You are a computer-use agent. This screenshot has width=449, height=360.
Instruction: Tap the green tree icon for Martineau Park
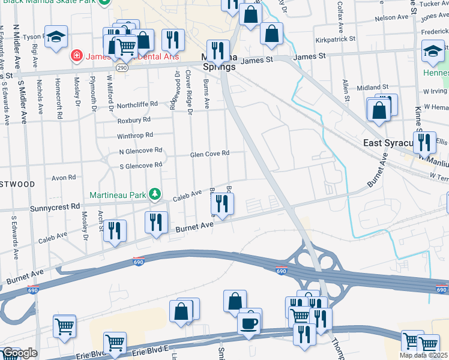(155, 194)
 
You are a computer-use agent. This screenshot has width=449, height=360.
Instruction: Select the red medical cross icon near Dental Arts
(76, 56)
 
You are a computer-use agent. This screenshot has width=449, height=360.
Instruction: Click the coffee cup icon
(249, 323)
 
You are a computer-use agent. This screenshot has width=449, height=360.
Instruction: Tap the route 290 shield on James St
(122, 68)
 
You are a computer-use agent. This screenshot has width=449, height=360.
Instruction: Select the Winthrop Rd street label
(136, 135)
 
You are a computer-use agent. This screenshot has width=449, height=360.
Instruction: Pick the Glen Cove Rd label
(209, 154)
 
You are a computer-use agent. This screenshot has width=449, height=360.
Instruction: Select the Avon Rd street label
(64, 178)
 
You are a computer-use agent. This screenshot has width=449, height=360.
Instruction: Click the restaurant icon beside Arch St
(114, 231)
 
